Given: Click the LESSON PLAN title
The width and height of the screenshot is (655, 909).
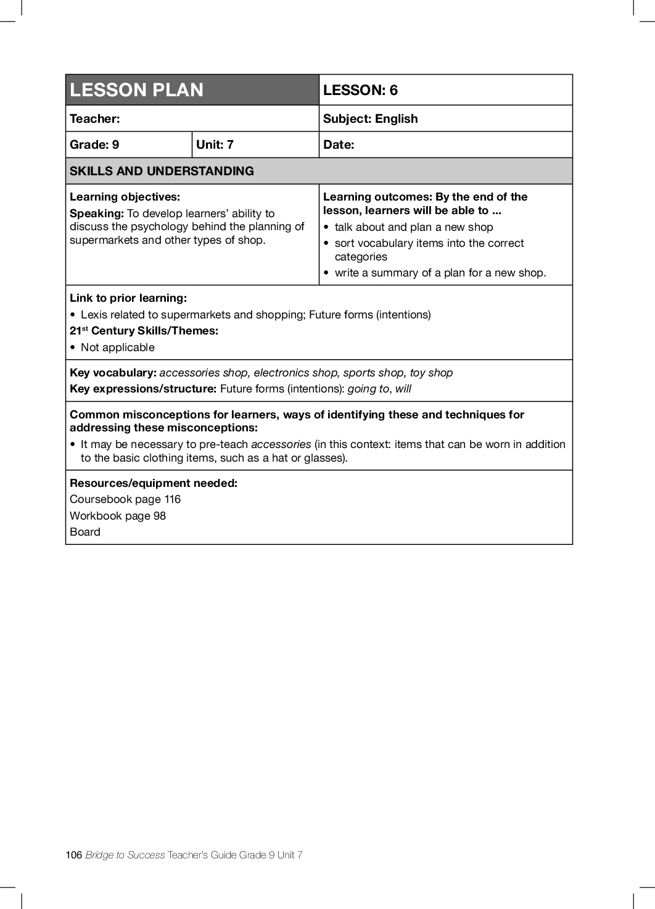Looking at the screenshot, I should pos(136,90).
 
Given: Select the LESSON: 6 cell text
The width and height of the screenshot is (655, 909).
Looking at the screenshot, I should pos(360,90).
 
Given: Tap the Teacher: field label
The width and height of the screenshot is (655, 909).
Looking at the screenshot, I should pos(94,118).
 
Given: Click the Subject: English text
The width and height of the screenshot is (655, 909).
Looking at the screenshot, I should pos(370,118).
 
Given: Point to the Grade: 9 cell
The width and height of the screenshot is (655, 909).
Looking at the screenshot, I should pos(94,144).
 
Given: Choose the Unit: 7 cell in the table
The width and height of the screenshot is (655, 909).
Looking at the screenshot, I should pos(215,144).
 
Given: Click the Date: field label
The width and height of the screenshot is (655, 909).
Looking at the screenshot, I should pos(339,144).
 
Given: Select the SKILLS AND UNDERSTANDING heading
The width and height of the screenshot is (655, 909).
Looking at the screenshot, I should pos(162,171).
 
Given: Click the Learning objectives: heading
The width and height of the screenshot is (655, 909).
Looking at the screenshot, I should pos(125,197).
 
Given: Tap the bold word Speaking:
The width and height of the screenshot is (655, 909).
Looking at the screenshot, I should pos(97,214).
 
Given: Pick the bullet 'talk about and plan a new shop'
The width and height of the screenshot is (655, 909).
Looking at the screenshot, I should pos(413,227).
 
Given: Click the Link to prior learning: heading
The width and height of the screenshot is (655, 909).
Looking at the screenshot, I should pos(128,298).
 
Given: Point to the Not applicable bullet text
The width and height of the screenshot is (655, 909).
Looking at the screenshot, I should pos(117,347).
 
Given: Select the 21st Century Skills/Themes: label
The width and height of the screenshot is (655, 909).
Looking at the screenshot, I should pos(144,331).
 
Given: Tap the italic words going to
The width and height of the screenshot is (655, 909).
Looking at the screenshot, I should pos(368,389).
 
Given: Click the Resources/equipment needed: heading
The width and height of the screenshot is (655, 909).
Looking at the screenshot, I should pos(153,483).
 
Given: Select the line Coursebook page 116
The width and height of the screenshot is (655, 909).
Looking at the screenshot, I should pos(125,499).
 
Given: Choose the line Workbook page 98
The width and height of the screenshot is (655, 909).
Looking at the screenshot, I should pos(118,516).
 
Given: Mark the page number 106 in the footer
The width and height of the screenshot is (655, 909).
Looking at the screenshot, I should pos(73,855).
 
